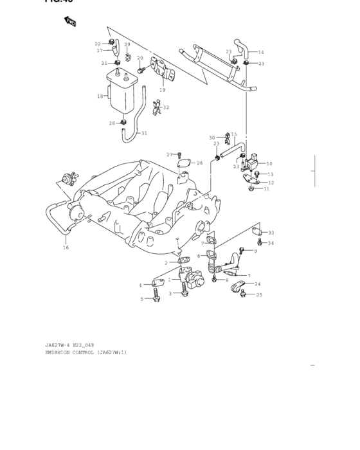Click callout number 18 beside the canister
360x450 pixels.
tap(100, 96)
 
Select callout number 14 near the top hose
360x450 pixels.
tap(261, 52)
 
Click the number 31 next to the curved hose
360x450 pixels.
tap(144, 133)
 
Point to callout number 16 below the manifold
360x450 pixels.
tap(66, 248)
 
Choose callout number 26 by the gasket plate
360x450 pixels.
tap(200, 163)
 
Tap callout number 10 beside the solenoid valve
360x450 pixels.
tap(269, 164)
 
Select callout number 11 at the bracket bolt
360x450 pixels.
tap(266, 188)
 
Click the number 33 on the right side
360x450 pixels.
tap(271, 233)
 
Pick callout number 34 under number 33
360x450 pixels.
tap(271, 243)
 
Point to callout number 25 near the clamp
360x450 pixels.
tap(260, 294)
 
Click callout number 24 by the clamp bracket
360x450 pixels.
tap(258, 283)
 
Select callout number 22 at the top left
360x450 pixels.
tap(98, 44)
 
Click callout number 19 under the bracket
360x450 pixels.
tap(162, 90)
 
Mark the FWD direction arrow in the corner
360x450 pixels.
tap(70, 22)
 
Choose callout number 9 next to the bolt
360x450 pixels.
tap(255, 251)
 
